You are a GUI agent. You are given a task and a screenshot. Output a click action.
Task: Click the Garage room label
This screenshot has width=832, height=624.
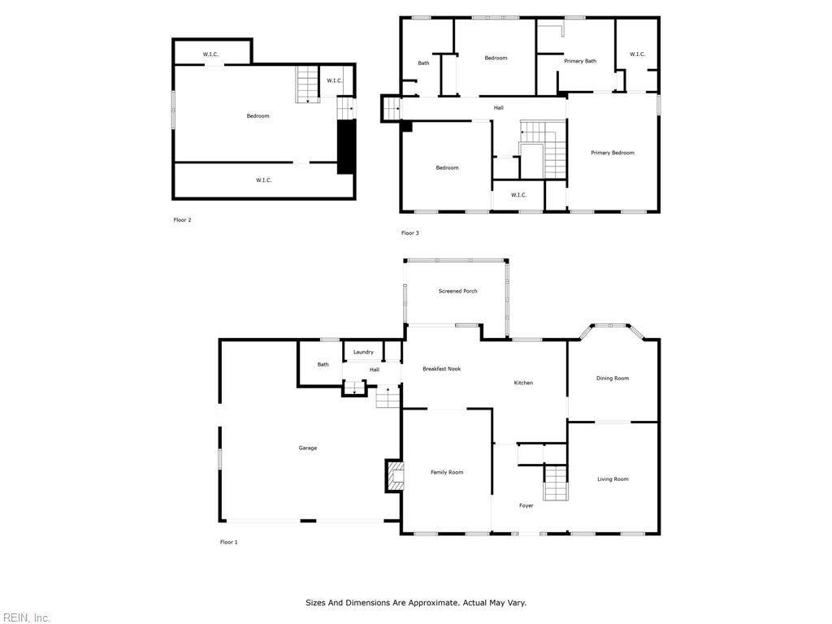point(308,448)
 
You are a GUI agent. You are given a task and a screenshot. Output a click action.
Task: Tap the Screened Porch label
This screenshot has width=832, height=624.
point(458,291)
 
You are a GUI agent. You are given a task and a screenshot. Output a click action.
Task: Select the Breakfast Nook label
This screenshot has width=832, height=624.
point(441,369)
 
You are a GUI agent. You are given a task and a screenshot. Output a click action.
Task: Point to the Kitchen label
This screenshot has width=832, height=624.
point(523,383)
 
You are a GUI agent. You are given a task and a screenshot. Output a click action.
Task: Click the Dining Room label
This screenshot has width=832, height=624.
point(613,379)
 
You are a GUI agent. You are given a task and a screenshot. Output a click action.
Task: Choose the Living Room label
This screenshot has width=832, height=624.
point(613,479)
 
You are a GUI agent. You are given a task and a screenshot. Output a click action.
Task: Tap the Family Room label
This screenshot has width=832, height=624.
point(447,472)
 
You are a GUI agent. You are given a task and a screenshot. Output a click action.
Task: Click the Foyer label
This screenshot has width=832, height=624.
point(526,505)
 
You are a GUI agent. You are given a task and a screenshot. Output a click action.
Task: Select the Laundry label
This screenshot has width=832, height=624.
point(363,352)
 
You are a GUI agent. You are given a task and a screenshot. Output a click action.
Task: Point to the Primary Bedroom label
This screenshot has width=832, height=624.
point(613,153)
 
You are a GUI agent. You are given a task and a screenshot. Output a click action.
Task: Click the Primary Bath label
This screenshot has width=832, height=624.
point(580,61)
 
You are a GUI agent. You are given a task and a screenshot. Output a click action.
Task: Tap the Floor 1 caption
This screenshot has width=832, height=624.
point(228,542)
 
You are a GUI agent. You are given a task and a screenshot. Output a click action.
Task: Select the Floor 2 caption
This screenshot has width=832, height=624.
point(182,219)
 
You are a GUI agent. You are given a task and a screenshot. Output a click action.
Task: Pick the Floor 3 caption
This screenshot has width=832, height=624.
point(409,233)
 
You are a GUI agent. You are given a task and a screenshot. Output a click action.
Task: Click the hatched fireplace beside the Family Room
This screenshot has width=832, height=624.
point(396,476)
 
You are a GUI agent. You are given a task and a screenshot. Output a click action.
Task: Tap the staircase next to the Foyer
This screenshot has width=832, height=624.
point(556,483)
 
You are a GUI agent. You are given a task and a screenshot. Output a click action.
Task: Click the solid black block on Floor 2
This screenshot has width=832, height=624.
point(346,147)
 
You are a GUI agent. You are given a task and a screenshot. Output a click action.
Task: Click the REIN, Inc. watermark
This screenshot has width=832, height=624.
point(25,617)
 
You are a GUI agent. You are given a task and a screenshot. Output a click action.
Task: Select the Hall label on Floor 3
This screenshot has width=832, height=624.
point(498,108)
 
